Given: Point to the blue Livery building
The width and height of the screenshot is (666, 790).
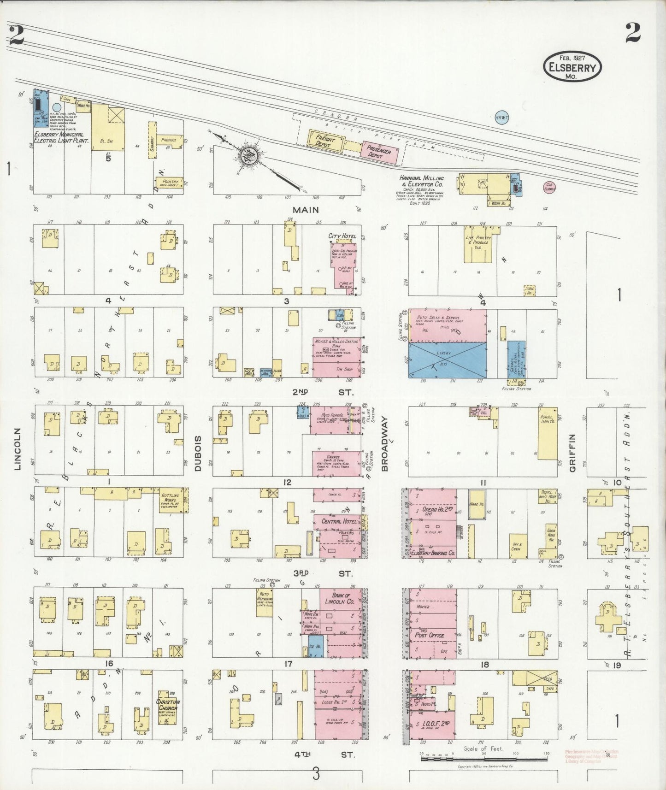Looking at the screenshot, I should (447, 360).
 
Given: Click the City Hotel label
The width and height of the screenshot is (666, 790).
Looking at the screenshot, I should (342, 236).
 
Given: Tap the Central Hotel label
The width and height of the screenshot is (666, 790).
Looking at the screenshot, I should (337, 521).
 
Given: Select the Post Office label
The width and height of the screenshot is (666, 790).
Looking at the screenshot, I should (429, 635).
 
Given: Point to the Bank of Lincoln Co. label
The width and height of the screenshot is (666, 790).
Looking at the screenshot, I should (341, 598).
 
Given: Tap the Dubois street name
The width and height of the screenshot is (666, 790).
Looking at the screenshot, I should (198, 453).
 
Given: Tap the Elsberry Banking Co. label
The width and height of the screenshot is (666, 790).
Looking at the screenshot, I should (432, 553).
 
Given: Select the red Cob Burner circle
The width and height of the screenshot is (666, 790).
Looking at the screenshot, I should (550, 187).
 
